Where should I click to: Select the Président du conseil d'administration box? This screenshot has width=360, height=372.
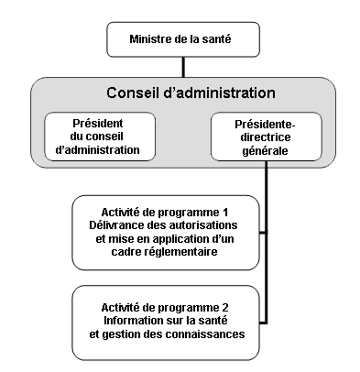tap(105, 135)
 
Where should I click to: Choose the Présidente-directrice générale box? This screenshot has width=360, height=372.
tap(265, 135)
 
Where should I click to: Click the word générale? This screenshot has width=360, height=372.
tap(265, 149)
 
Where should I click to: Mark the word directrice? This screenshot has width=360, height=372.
tap(265, 136)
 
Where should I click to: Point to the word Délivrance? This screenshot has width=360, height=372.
tap(122, 225)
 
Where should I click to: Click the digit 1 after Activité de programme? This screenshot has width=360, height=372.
tap(225, 212)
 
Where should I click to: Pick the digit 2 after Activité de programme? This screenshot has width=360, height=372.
tap(225, 306)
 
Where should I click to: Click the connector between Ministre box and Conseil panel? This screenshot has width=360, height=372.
tap(184, 67)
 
